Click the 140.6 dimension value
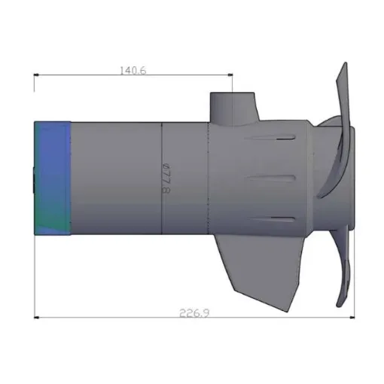click(x=133, y=70)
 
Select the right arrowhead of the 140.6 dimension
click(x=229, y=75)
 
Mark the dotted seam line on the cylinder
click(x=209, y=181)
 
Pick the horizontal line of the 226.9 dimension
click(x=113, y=316)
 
